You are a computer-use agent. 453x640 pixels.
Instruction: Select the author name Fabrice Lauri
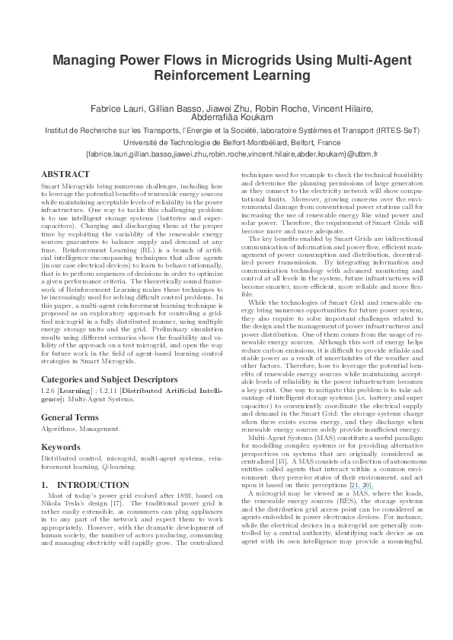tap(117, 107)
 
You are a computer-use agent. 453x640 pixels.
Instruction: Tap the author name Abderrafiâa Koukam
tap(226, 118)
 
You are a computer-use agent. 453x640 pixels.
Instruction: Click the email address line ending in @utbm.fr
tap(226, 154)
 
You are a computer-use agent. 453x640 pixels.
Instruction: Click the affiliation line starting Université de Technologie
tap(226, 141)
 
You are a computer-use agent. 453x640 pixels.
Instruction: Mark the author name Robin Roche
tap(284, 107)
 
